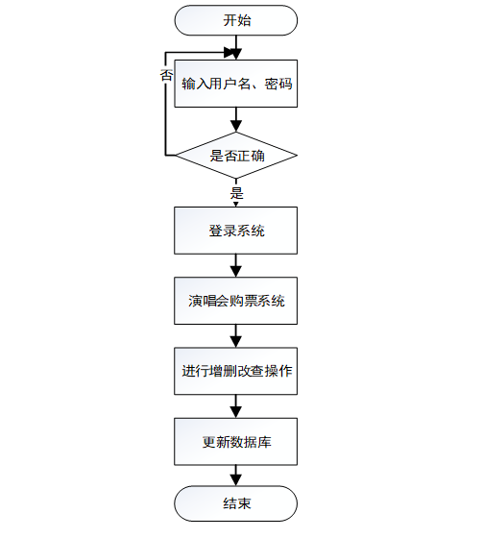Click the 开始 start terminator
click(236, 20)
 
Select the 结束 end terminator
click(235, 503)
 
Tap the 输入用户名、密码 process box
click(236, 84)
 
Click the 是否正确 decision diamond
click(236, 155)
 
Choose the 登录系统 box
click(235, 231)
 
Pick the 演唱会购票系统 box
click(235, 301)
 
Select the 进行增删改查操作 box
click(235, 371)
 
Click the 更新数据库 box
click(235, 442)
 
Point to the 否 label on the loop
click(166, 75)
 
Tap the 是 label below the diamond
click(236, 193)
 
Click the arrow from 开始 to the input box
click(236, 48)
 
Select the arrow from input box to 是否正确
click(236, 119)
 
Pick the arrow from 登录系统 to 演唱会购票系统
click(235, 265)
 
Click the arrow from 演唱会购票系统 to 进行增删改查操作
click(235, 336)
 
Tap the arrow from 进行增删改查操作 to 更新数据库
click(235, 406)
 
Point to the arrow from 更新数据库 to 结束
click(235, 476)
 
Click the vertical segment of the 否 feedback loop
click(166, 104)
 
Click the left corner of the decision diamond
click(176, 156)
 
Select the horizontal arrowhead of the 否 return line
click(229, 53)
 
